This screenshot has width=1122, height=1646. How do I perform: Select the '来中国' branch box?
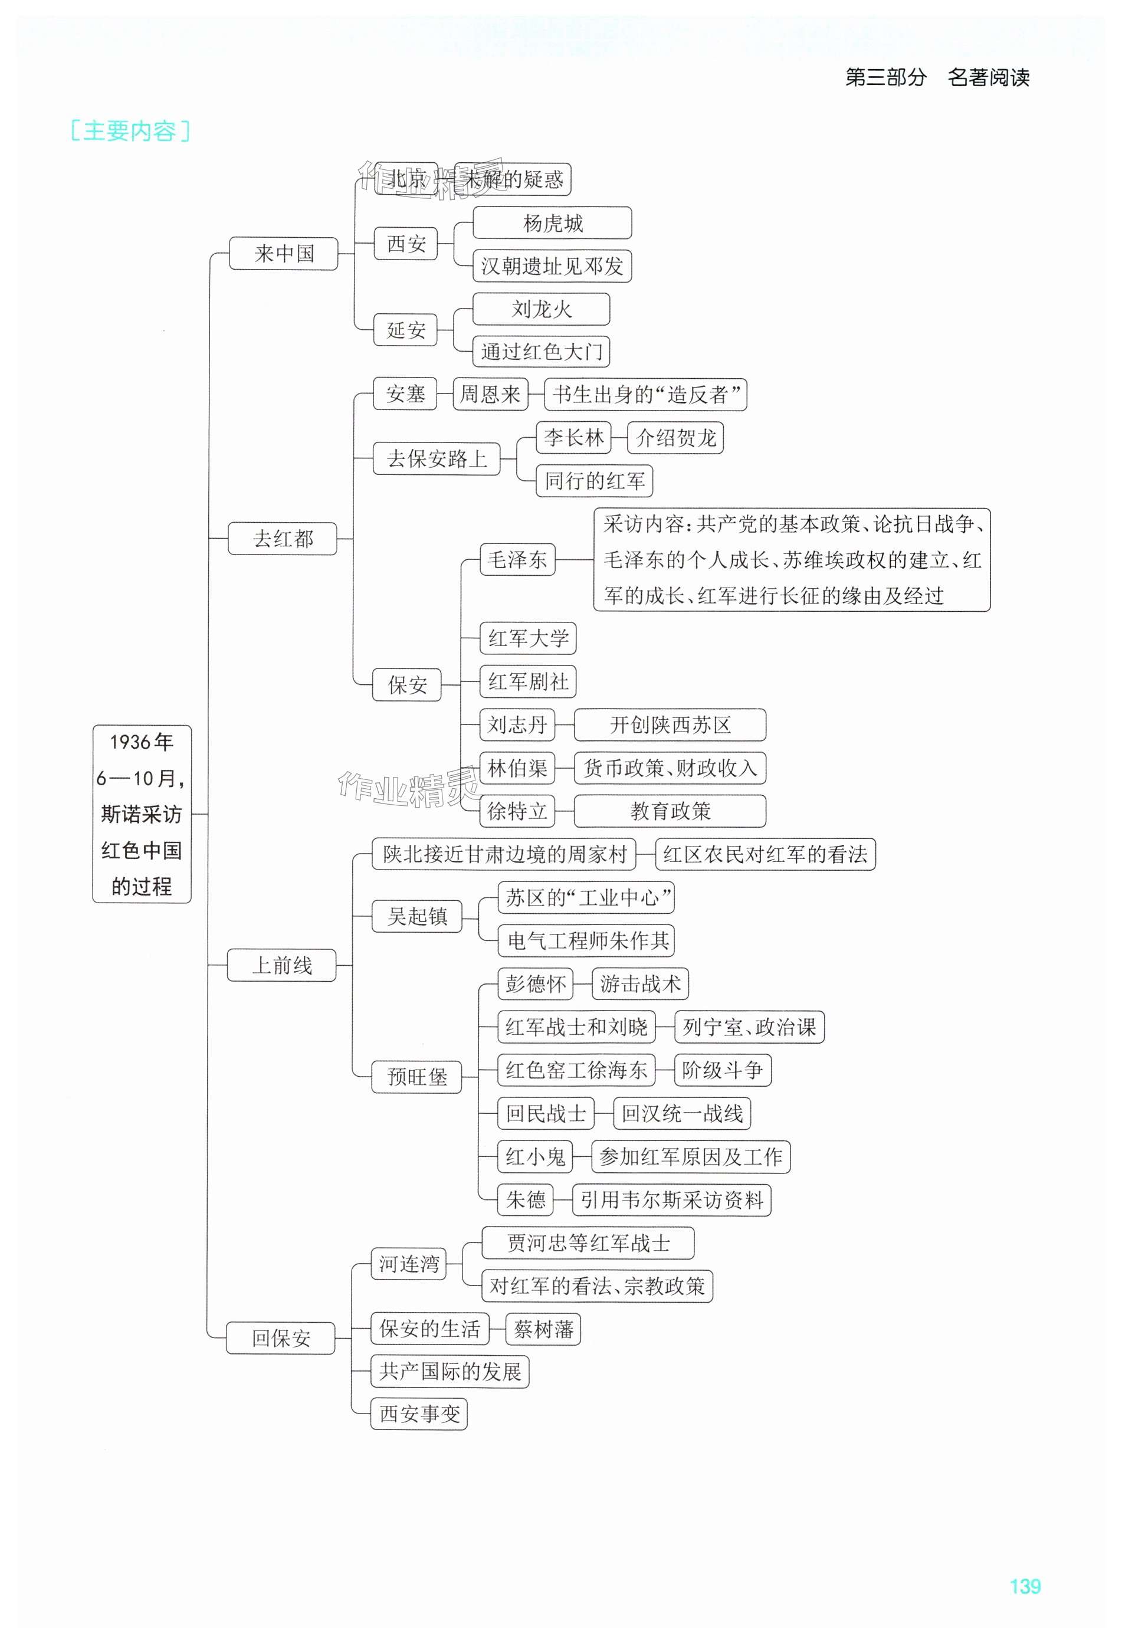pyautogui.click(x=283, y=253)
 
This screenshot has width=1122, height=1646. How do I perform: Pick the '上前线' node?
pyautogui.click(x=282, y=965)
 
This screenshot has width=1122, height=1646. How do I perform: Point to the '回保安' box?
pyautogui.click(x=281, y=1338)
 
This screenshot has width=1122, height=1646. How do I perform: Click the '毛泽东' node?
pyautogui.click(x=517, y=559)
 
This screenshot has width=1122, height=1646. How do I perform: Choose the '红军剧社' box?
pyautogui.click(x=528, y=681)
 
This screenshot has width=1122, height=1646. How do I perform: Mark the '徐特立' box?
pyautogui.click(x=517, y=811)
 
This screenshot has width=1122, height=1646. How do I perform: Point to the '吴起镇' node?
pyautogui.click(x=417, y=916)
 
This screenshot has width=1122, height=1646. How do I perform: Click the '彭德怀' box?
pyautogui.click(x=535, y=984)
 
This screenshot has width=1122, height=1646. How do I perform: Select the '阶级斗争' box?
pyautogui.click(x=722, y=1070)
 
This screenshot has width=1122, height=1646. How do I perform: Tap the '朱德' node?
pyautogui.click(x=525, y=1200)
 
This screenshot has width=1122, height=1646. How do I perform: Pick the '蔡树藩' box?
pyautogui.click(x=543, y=1329)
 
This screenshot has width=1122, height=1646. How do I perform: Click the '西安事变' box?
pyautogui.click(x=419, y=1414)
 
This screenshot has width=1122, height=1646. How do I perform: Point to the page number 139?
pyautogui.click(x=1025, y=1586)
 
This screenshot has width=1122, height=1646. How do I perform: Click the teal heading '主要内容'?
pyautogui.click(x=130, y=131)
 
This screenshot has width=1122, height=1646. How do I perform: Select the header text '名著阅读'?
pyautogui.click(x=988, y=77)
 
